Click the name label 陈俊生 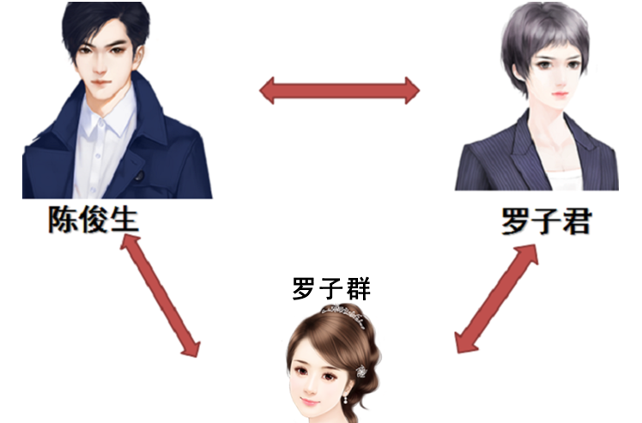[x=93, y=221]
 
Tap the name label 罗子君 [x=546, y=222]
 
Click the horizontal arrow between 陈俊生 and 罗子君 [x=340, y=89]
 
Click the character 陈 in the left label [x=62, y=221]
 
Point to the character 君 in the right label [x=576, y=222]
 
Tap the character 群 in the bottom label [x=357, y=288]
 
